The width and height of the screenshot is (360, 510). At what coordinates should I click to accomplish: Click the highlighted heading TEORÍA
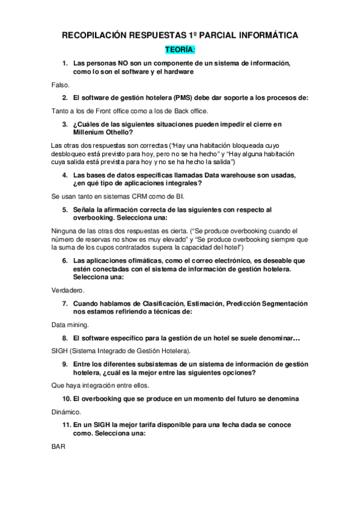tap(180, 50)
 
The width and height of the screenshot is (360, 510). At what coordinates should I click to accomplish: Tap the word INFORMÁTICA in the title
tap(264, 36)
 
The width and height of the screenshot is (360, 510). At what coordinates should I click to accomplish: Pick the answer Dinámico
tap(67, 412)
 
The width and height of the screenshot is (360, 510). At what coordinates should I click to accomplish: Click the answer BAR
tap(58, 446)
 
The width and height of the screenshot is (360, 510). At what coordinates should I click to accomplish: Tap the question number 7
tap(64, 303)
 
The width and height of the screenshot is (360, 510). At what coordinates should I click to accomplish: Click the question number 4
tap(64, 175)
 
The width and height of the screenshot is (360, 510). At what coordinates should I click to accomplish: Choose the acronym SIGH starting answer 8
tap(61, 350)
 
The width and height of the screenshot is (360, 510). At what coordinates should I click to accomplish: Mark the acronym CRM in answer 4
tap(136, 197)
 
